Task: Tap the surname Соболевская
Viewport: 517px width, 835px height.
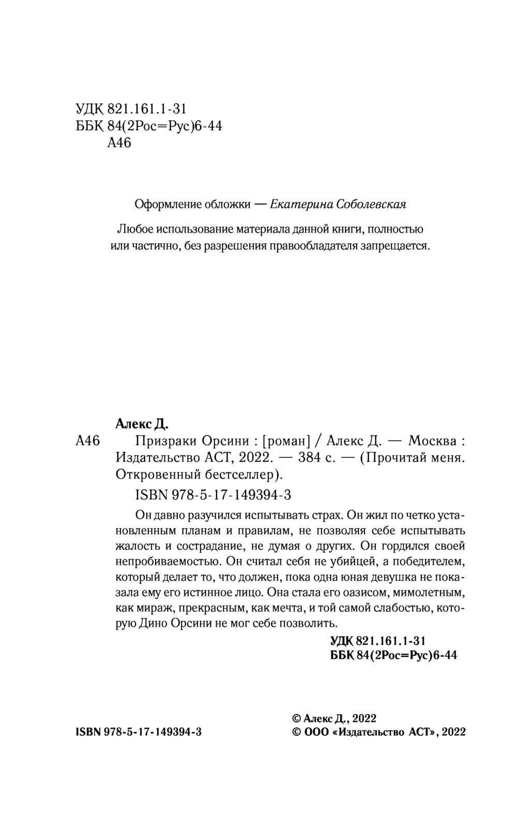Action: point(371,204)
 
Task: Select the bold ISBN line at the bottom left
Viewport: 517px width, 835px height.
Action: point(139,732)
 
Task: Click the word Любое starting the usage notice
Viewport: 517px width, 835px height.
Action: point(131,228)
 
